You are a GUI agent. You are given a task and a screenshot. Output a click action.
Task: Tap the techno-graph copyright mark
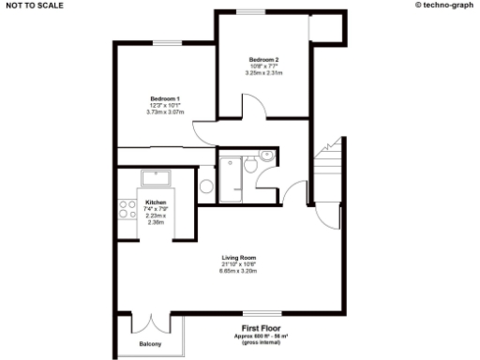444,5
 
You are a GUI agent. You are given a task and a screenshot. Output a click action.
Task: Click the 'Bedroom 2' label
263,59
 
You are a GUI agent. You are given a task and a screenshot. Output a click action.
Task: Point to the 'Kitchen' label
155,202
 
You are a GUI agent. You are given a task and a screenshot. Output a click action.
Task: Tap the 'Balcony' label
150,345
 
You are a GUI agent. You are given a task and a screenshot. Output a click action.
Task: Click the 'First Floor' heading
262,328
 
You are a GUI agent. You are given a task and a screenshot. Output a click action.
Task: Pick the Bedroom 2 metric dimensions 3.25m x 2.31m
263,72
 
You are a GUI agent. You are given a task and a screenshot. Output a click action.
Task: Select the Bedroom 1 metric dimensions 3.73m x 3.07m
165,112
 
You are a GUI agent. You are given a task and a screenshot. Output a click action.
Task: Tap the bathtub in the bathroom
231,175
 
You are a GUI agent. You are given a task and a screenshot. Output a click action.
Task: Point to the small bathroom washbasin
266,156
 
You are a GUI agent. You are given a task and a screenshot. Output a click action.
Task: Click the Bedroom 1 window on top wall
167,43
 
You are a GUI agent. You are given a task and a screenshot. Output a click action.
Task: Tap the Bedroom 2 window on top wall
251,11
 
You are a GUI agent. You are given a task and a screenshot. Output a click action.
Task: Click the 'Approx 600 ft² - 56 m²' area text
261,336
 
